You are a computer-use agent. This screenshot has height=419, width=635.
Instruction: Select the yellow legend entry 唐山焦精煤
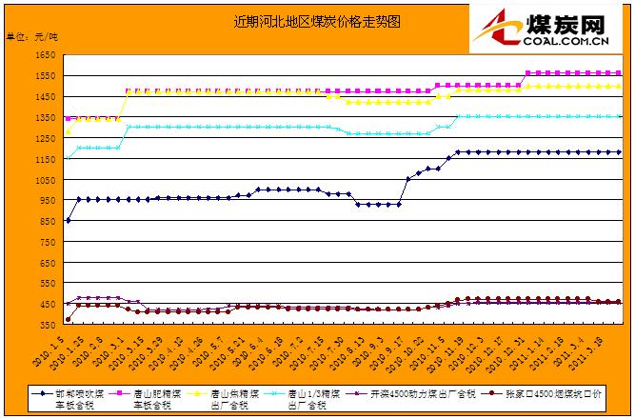[x=232, y=397]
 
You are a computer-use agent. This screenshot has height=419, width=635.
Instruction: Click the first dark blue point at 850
[x=68, y=221]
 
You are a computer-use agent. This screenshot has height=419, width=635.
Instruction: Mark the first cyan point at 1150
[x=68, y=158]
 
